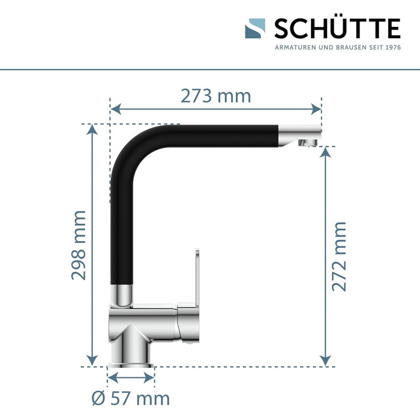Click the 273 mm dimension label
[215, 96]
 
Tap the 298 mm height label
[79, 245]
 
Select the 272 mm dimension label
[339, 257]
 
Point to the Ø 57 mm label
[130, 398]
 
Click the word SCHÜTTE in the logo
[337, 28]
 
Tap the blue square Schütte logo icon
[255, 28]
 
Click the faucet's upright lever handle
[197, 279]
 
